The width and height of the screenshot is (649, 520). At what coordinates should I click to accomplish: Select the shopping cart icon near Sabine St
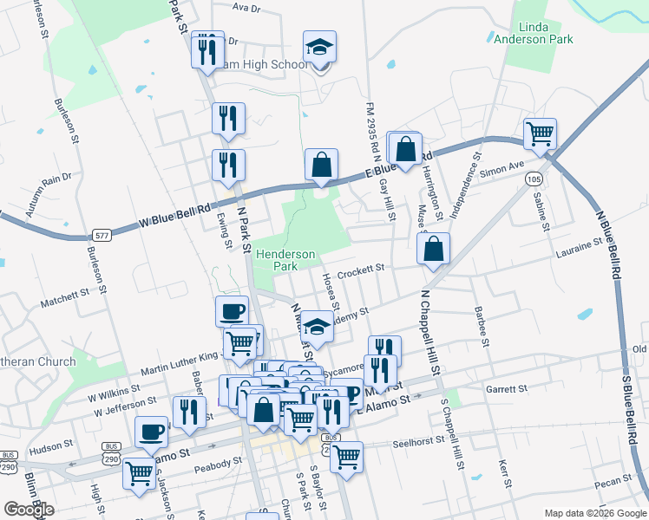click(x=540, y=133)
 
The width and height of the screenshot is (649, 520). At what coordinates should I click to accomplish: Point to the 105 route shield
click(x=534, y=178)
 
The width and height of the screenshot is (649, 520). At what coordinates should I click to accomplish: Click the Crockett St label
click(x=360, y=270)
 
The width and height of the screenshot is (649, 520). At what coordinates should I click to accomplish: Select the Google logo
click(x=29, y=510)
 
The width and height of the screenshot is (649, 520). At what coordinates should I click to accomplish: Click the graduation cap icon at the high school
click(x=319, y=48)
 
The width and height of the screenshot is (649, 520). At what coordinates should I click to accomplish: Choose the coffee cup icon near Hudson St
click(x=151, y=432)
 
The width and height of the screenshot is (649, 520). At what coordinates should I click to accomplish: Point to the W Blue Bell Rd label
click(x=175, y=216)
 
